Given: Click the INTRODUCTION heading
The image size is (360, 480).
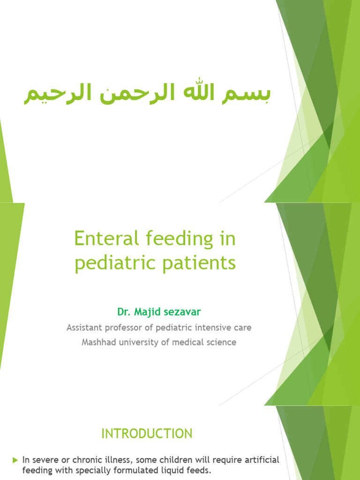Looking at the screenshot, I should pyautogui.click(x=147, y=434).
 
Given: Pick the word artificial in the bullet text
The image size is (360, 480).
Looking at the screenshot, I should pyautogui.click(x=262, y=459).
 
